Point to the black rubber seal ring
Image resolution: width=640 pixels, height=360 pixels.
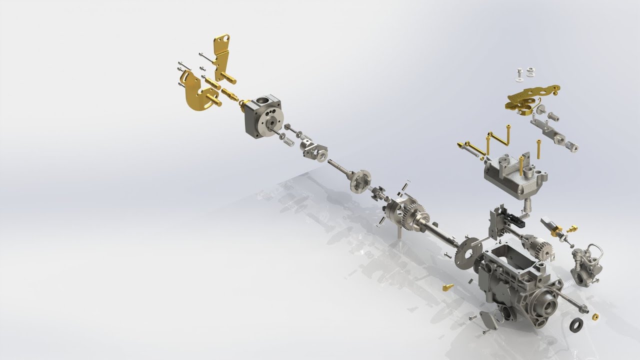[x=576, y=324]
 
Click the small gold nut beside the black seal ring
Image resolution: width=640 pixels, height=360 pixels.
[x=595, y=316]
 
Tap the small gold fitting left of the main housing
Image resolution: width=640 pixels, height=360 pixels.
[x=447, y=287]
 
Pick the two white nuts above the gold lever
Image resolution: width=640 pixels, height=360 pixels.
[x=525, y=73]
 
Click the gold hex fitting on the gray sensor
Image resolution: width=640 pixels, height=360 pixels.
[x=557, y=230]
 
